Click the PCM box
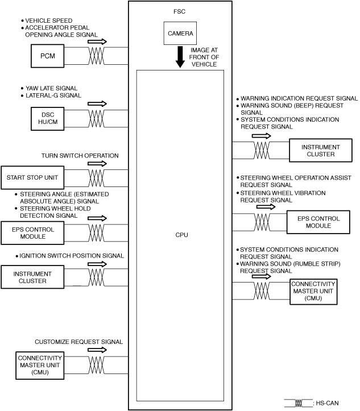(47, 56)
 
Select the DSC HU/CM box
(47, 118)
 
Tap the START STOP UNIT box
(32, 177)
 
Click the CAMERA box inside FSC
(180, 34)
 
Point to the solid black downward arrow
(180, 57)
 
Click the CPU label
(181, 235)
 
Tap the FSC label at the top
(179, 11)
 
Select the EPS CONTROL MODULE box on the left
(32, 233)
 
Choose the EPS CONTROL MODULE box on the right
(318, 222)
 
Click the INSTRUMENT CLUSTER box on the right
(321, 151)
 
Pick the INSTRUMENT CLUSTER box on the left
(32, 277)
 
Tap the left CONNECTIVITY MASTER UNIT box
(40, 366)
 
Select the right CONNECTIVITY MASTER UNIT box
(313, 292)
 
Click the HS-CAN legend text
(327, 403)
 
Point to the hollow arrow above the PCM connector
(97, 41)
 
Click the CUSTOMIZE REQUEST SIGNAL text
(78, 342)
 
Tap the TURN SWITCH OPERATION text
(80, 156)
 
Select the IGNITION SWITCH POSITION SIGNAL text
(72, 256)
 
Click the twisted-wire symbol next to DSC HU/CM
(96, 118)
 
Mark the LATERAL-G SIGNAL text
(53, 96)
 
